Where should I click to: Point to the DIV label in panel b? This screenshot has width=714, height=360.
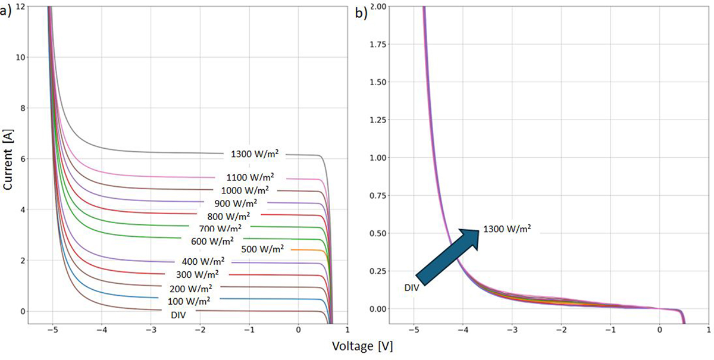click(x=411, y=287)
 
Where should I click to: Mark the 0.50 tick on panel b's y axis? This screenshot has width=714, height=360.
click(x=376, y=233)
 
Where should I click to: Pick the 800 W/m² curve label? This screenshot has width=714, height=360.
click(x=228, y=216)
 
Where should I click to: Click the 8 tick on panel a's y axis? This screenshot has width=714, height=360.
click(x=22, y=108)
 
